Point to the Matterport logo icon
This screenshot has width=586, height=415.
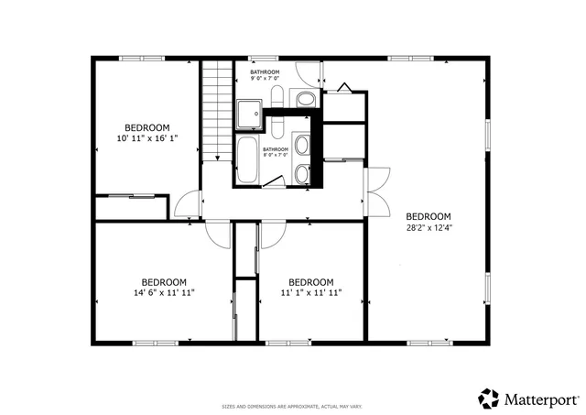pyautogui.click(x=487, y=399)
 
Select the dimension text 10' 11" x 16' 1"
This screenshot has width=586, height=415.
pyautogui.click(x=146, y=138)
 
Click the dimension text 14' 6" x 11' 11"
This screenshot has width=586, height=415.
pyautogui.click(x=163, y=293)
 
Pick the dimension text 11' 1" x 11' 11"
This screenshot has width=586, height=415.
pyautogui.click(x=310, y=293)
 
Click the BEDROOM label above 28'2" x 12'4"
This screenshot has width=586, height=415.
pyautogui.click(x=429, y=216)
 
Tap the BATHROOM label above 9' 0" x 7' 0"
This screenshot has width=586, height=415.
pyautogui.click(x=265, y=71)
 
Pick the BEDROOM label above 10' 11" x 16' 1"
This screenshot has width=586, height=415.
pyautogui.click(x=146, y=127)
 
